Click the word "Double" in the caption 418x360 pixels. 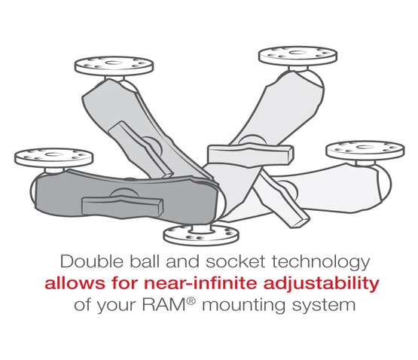click(92, 261)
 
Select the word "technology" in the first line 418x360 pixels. click(321, 263)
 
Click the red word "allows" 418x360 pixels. click(75, 283)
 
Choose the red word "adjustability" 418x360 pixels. click(322, 284)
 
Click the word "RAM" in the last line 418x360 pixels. click(163, 304)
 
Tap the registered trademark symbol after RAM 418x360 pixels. click(191, 301)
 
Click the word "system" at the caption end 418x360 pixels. click(324, 306)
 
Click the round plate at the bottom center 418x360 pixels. click(201, 234)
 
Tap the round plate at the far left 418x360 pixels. click(53, 158)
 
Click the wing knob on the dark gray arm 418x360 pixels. click(123, 206)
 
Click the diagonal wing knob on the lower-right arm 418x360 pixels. click(282, 200)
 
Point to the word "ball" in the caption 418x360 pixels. click(144, 261)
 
